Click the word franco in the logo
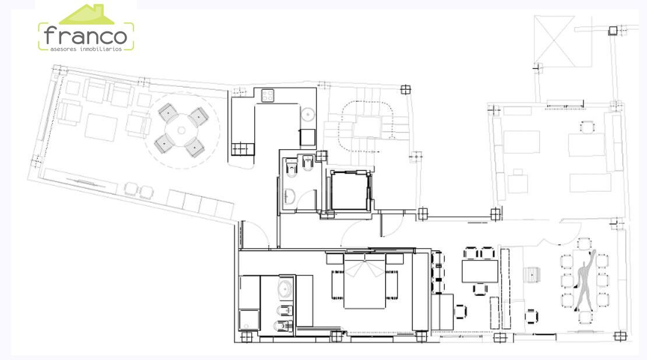tap(86, 36)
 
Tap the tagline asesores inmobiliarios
tap(86, 49)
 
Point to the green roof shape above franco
tap(87, 14)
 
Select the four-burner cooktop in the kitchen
tap(268, 96)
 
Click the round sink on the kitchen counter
tap(308, 114)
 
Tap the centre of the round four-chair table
tap(181, 130)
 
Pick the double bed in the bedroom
tap(365, 281)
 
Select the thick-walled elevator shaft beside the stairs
tap(350, 191)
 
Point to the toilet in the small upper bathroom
tap(291, 169)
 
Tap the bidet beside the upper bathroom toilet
tap(307, 163)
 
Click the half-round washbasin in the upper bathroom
tap(289, 196)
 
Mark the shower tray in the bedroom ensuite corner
tap(249, 320)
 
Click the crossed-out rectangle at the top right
tap(554, 41)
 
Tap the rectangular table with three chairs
tap(480, 271)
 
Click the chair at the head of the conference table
tap(584, 243)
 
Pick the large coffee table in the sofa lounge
tap(101, 128)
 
